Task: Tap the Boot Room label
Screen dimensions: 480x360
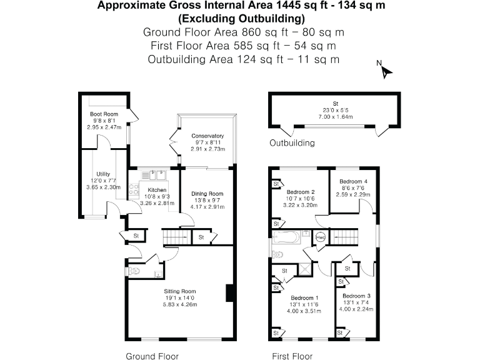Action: point(104,114)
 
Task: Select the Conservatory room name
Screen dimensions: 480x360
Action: point(207,136)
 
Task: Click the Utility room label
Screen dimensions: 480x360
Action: point(103,174)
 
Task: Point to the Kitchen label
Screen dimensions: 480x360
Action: point(157,190)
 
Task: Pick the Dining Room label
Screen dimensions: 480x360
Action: point(207,194)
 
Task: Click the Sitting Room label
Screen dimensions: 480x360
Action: point(180,291)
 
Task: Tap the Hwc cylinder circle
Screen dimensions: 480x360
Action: point(321,237)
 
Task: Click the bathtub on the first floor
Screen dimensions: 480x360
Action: point(286,237)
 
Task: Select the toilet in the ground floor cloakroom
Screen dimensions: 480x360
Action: point(134,271)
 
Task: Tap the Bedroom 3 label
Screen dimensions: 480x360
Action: point(356,296)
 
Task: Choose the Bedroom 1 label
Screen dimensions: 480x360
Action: point(304,298)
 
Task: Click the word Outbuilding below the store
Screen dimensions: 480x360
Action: point(292,143)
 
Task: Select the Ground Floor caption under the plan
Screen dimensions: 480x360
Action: point(152,356)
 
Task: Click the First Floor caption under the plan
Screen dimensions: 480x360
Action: point(292,356)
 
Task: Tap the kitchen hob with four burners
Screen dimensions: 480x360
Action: point(134,189)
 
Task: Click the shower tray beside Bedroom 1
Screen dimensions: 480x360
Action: point(304,269)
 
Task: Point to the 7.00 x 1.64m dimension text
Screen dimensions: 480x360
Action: point(336,117)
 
